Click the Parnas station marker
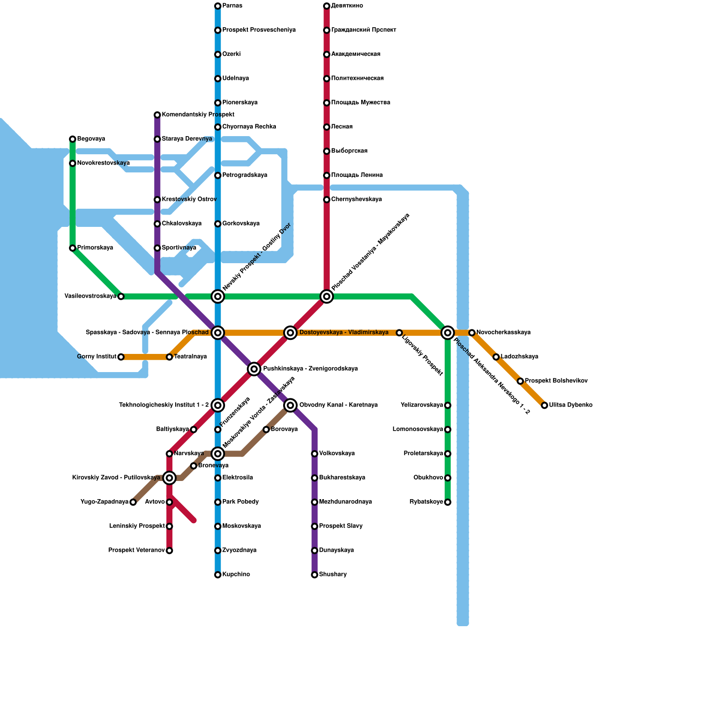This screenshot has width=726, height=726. coord(218,6)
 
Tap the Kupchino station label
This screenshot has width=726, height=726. coord(236,574)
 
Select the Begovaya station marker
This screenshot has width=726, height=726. coord(73,139)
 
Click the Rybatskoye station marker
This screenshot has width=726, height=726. coord(448,502)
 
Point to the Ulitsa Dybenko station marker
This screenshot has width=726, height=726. coord(544,405)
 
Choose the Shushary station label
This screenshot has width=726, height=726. coord(333,574)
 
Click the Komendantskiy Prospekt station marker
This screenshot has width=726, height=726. coord(157,115)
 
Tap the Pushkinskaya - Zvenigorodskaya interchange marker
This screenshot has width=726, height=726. coord(254,369)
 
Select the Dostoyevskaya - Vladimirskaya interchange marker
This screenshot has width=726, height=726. coord(290,333)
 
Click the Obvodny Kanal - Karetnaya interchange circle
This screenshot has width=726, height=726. coord(290,405)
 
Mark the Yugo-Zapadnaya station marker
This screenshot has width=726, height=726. coord(133,502)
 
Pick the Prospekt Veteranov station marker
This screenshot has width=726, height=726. coord(169,551)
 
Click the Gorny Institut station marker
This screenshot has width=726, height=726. coord(121,357)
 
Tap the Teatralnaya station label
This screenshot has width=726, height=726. coord(191,357)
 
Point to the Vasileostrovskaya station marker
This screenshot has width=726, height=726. coord(121,297)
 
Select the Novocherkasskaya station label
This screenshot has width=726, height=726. coord(503,333)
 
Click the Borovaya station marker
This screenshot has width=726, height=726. coord(266,430)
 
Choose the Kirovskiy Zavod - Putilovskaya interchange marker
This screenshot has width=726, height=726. coord(169,478)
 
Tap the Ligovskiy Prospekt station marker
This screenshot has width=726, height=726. coord(399,333)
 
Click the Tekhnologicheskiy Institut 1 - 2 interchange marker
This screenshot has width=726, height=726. coord(218,405)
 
